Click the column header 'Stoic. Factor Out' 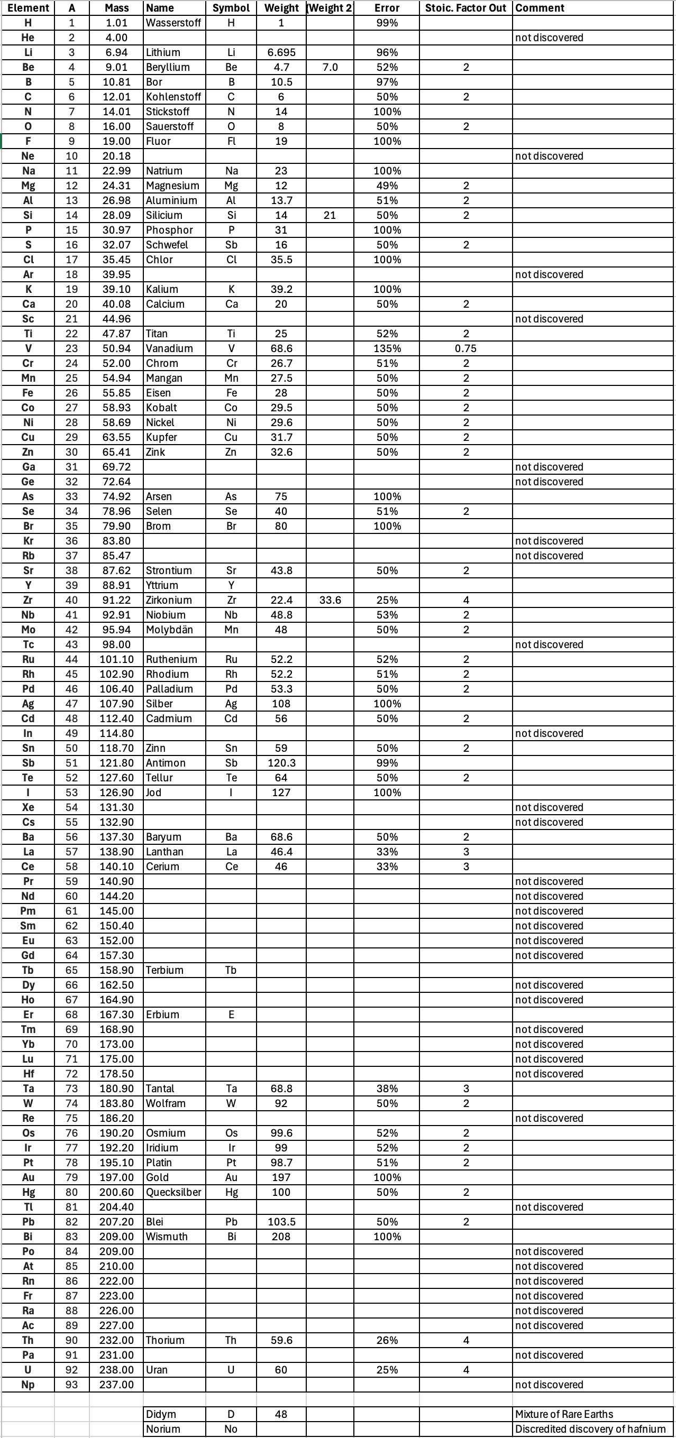pyautogui.click(x=465, y=8)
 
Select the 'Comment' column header pyautogui.click(x=540, y=8)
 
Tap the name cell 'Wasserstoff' pyautogui.click(x=173, y=23)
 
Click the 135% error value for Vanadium pyautogui.click(x=387, y=348)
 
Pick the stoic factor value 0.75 pyautogui.click(x=465, y=348)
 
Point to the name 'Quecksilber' pyautogui.click(x=173, y=1192)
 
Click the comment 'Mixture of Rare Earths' pyautogui.click(x=564, y=1414)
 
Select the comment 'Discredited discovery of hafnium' pyautogui.click(x=590, y=1428)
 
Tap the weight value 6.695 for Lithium pyautogui.click(x=281, y=52)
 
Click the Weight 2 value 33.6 pyautogui.click(x=330, y=600)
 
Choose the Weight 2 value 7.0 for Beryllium pyautogui.click(x=330, y=67)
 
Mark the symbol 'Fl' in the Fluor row pyautogui.click(x=231, y=141)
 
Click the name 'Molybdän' pyautogui.click(x=169, y=630)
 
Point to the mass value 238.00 pyautogui.click(x=117, y=1369)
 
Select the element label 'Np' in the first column pyautogui.click(x=28, y=1385)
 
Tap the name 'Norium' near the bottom pyautogui.click(x=163, y=1428)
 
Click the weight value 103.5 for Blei pyautogui.click(x=281, y=1221)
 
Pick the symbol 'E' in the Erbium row pyautogui.click(x=231, y=1015)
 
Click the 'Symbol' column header pyautogui.click(x=231, y=8)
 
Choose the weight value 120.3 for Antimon pyautogui.click(x=281, y=762)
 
